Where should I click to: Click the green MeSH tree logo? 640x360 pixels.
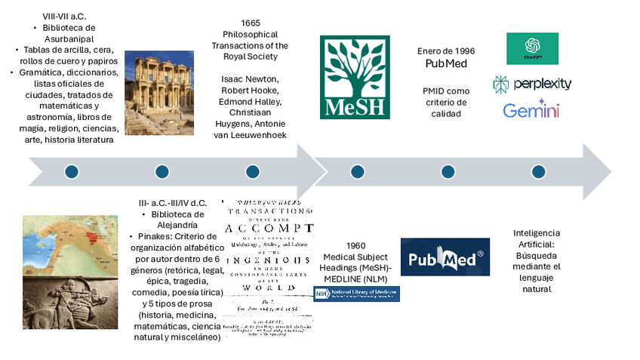[x=355, y=77]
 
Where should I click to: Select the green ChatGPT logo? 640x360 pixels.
[x=532, y=48]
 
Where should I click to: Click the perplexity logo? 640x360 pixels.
[x=532, y=84]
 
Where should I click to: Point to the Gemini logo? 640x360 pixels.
[x=531, y=111]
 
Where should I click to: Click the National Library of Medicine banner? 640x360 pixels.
[x=357, y=294]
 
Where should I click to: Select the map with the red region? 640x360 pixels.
[x=70, y=237]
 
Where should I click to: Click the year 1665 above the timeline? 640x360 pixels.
[x=250, y=23]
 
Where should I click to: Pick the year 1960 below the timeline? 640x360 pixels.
[x=355, y=246]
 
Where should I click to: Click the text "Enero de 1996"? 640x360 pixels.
[x=446, y=51]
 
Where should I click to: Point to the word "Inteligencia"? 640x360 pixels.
[x=537, y=233]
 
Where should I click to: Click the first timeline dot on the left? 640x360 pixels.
[x=72, y=172]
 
